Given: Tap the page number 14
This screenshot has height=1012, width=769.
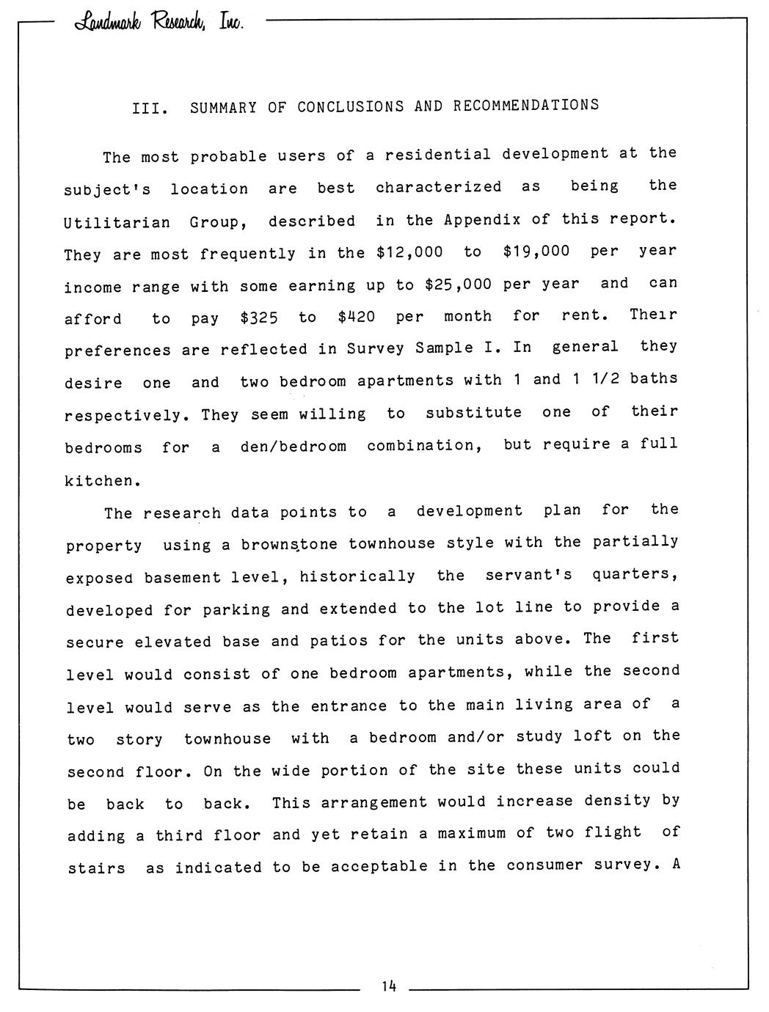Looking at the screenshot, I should coord(388,986).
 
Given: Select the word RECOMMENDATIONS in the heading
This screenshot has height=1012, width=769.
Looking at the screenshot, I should coord(525,106).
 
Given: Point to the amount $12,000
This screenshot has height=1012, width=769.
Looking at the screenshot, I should coord(409,252).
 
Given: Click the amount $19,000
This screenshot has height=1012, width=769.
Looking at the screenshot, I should coord(536,252).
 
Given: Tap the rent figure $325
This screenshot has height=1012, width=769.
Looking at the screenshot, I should coord(259,318).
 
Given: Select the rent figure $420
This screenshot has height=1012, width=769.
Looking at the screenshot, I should coord(357,318).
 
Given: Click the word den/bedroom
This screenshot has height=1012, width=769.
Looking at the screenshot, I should coord(294,447).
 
